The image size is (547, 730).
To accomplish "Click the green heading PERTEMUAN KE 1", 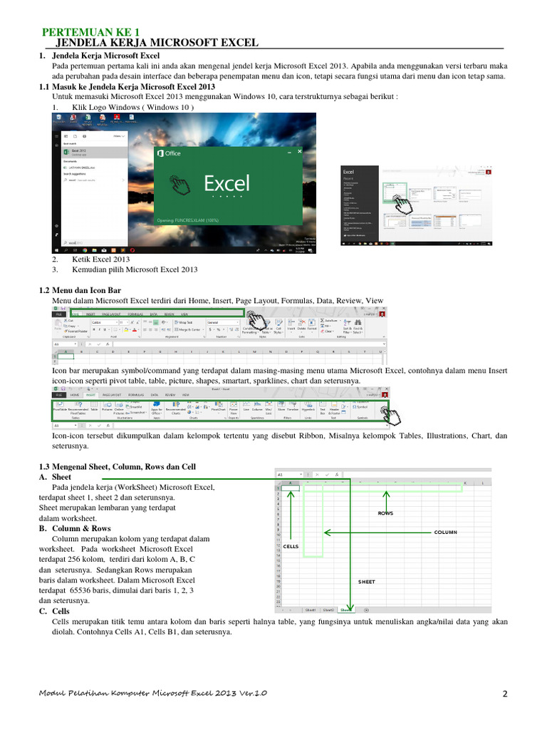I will [91, 32].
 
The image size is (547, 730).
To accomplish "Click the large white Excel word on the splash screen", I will [226, 183].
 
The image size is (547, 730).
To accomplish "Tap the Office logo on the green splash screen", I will [169, 153].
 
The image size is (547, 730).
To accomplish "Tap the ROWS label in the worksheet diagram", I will [386, 513].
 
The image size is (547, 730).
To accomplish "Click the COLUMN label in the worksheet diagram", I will [445, 533].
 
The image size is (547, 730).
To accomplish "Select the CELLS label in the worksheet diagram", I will [291, 546].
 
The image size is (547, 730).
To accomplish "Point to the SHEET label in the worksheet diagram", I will [366, 582].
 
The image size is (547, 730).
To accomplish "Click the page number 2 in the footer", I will [504, 694].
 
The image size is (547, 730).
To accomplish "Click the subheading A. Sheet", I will [55, 476].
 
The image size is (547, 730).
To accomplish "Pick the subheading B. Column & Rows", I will [75, 529].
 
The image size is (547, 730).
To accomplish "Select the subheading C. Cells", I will [54, 611].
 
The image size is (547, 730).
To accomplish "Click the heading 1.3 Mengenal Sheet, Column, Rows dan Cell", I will [117, 466].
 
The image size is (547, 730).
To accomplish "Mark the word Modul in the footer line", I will [53, 694].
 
